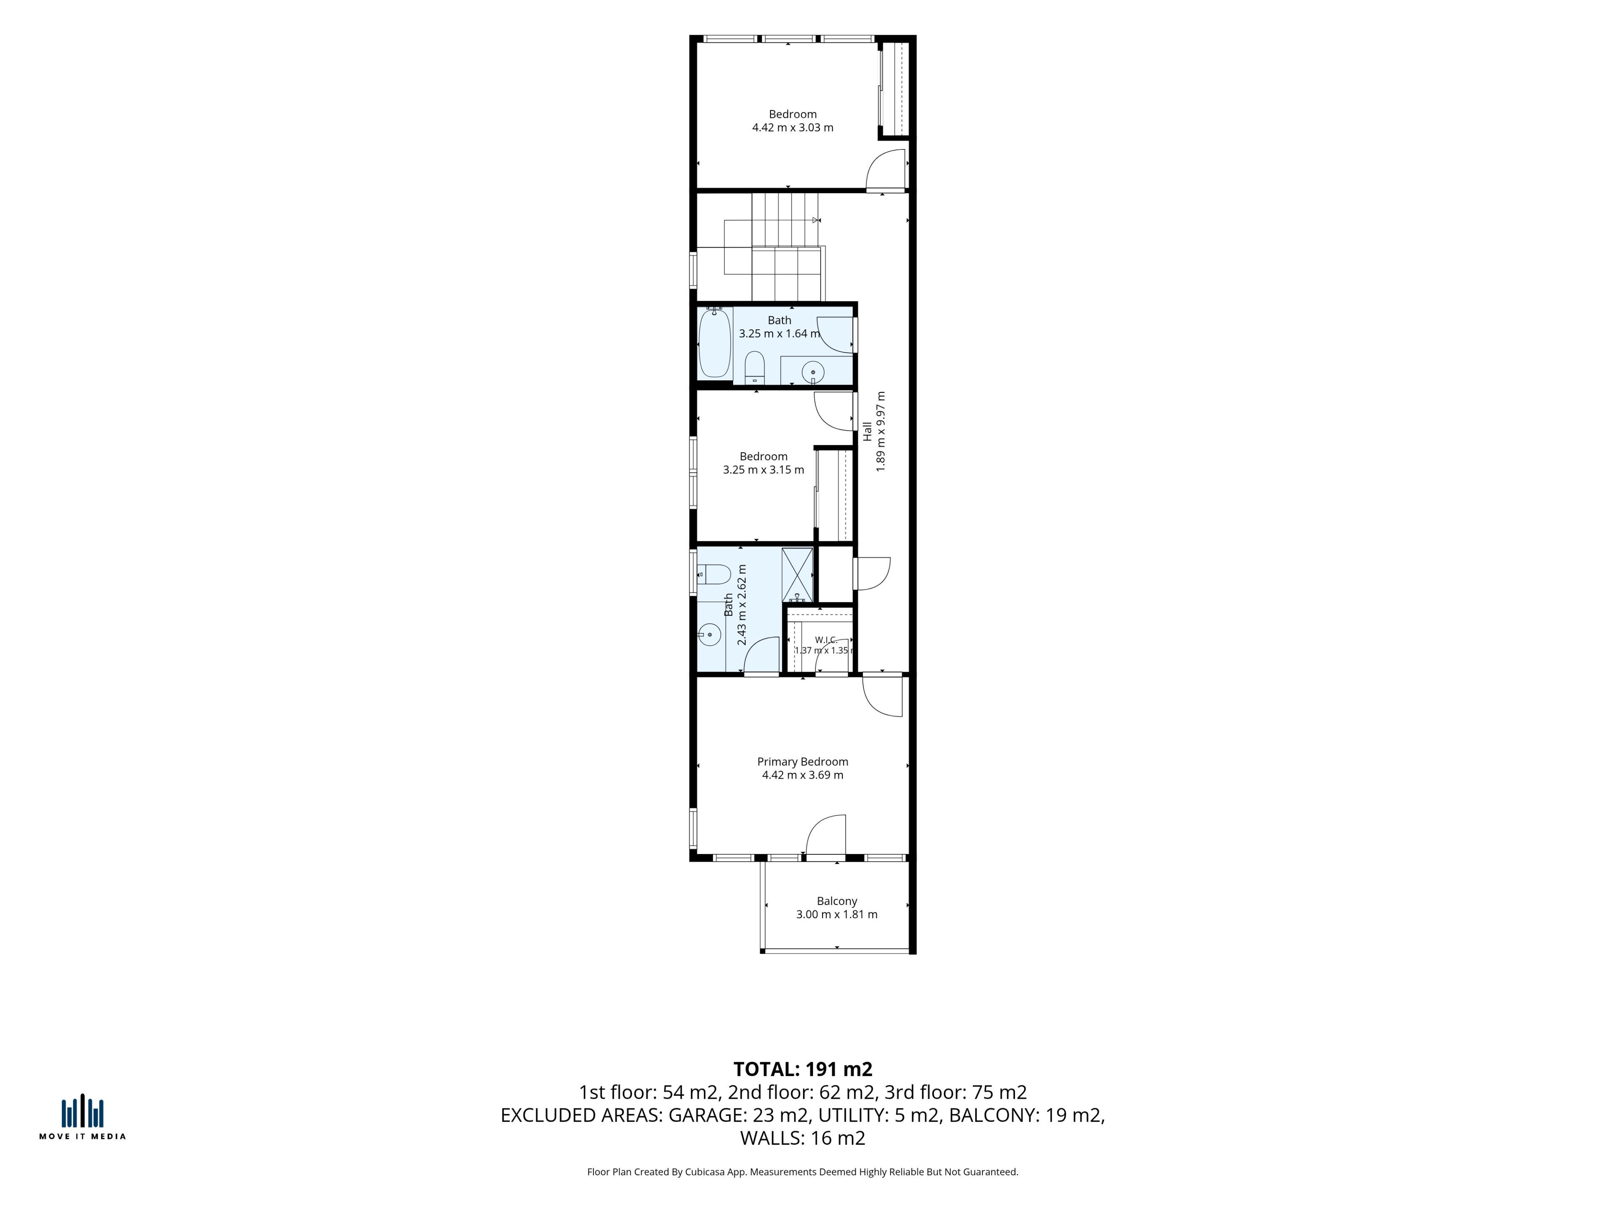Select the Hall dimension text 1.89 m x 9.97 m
point(881,431)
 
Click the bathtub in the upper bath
point(714,342)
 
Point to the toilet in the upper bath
point(754,367)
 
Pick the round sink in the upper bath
point(813,372)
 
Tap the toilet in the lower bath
point(713,574)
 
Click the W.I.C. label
point(826,640)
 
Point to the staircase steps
point(774,247)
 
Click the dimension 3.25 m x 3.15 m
point(763,470)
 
